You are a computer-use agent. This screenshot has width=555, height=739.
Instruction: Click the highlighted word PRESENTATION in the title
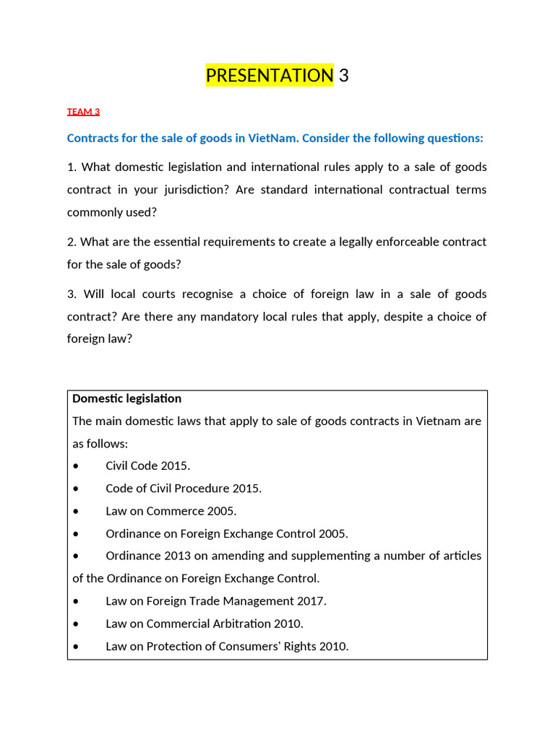(x=270, y=75)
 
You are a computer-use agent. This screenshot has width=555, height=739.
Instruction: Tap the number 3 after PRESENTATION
(x=343, y=75)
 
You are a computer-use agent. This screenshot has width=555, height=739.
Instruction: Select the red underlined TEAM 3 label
(x=83, y=112)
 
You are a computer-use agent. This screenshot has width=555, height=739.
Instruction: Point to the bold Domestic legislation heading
(x=126, y=398)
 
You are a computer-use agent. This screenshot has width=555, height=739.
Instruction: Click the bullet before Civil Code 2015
(x=77, y=466)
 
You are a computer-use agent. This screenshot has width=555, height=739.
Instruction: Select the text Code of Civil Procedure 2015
(x=184, y=489)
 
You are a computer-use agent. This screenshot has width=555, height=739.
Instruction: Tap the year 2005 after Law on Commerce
(x=222, y=511)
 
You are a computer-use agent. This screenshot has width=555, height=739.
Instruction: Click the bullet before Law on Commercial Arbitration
(x=77, y=624)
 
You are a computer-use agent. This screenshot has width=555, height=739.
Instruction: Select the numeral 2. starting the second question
(x=72, y=242)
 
